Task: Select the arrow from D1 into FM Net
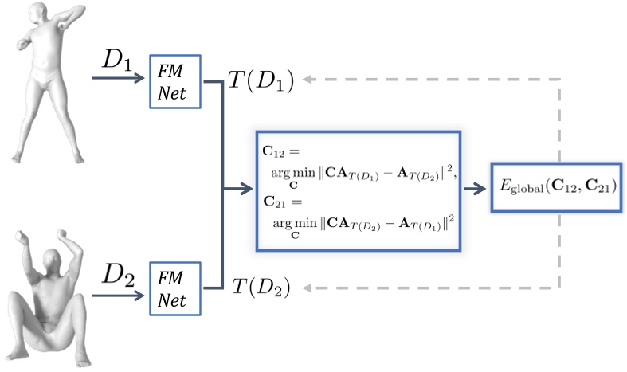tap(120, 79)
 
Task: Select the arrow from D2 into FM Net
tap(120, 294)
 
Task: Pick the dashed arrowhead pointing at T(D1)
tap(308, 80)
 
